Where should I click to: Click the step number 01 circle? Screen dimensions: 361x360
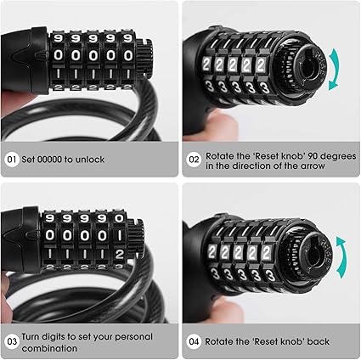coord(12,160)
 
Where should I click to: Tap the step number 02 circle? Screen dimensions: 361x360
coord(194,160)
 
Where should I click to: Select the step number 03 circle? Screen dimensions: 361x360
coord(12,341)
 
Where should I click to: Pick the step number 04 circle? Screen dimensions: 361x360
coord(194,341)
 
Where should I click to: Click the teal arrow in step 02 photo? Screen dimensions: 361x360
coord(336,70)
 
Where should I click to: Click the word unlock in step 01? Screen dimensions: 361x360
coord(89,160)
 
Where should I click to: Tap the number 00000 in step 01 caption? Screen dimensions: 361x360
coord(50,160)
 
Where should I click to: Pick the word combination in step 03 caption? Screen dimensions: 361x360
coord(49,348)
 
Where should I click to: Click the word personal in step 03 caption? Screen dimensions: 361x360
coord(133,337)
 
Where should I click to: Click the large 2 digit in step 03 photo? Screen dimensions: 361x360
coord(119,255)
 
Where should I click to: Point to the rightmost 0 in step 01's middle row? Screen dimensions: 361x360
coord(128,55)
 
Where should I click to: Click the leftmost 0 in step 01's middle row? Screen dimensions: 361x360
coord(58,55)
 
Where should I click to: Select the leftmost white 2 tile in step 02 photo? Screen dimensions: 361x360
coord(206,65)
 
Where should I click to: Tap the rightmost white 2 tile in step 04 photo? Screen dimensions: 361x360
coord(267,253)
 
